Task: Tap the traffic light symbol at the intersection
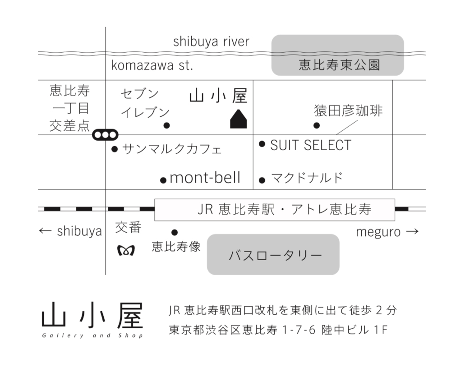pos(106,135)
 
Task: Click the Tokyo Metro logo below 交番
pos(126,250)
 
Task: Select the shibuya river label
pos(211,41)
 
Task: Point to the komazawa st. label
pos(152,65)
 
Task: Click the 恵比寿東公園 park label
pos(340,65)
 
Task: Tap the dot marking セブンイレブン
pos(166,125)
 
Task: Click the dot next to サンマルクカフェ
pos(115,149)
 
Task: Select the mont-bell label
pos(205,178)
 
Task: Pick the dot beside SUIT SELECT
pos(262,144)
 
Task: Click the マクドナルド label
pos(307,178)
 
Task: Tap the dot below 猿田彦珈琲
pos(317,125)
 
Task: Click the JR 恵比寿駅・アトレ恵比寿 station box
pos(275,210)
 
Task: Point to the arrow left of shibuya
pos(46,231)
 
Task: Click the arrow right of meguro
pos(412,231)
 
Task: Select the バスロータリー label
pos(275,255)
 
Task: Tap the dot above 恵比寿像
pos(175,232)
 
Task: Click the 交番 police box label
pos(128,227)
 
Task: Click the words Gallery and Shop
pos(92,336)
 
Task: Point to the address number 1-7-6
pos(299,330)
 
